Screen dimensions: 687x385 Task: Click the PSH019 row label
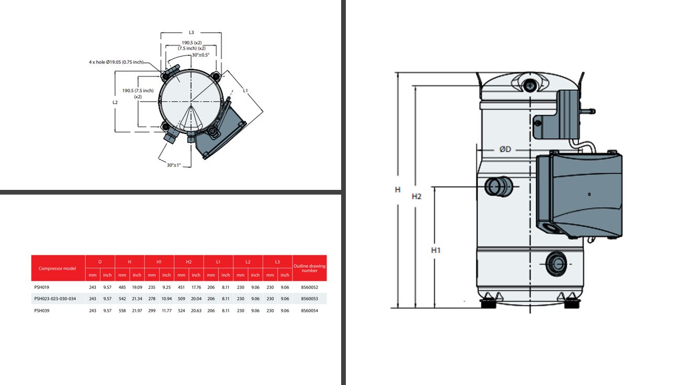click(x=42, y=287)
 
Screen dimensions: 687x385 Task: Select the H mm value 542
click(x=122, y=299)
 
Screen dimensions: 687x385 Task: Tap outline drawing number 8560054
click(x=309, y=311)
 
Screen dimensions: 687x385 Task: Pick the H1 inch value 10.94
click(x=166, y=299)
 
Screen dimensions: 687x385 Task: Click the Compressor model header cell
click(x=58, y=268)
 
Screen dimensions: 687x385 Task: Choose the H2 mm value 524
click(x=181, y=311)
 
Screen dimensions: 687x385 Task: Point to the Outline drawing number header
click(x=309, y=268)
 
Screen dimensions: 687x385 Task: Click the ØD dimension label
click(x=505, y=149)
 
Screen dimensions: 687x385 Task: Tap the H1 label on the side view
click(x=436, y=250)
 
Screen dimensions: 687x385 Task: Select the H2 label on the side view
click(x=416, y=197)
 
